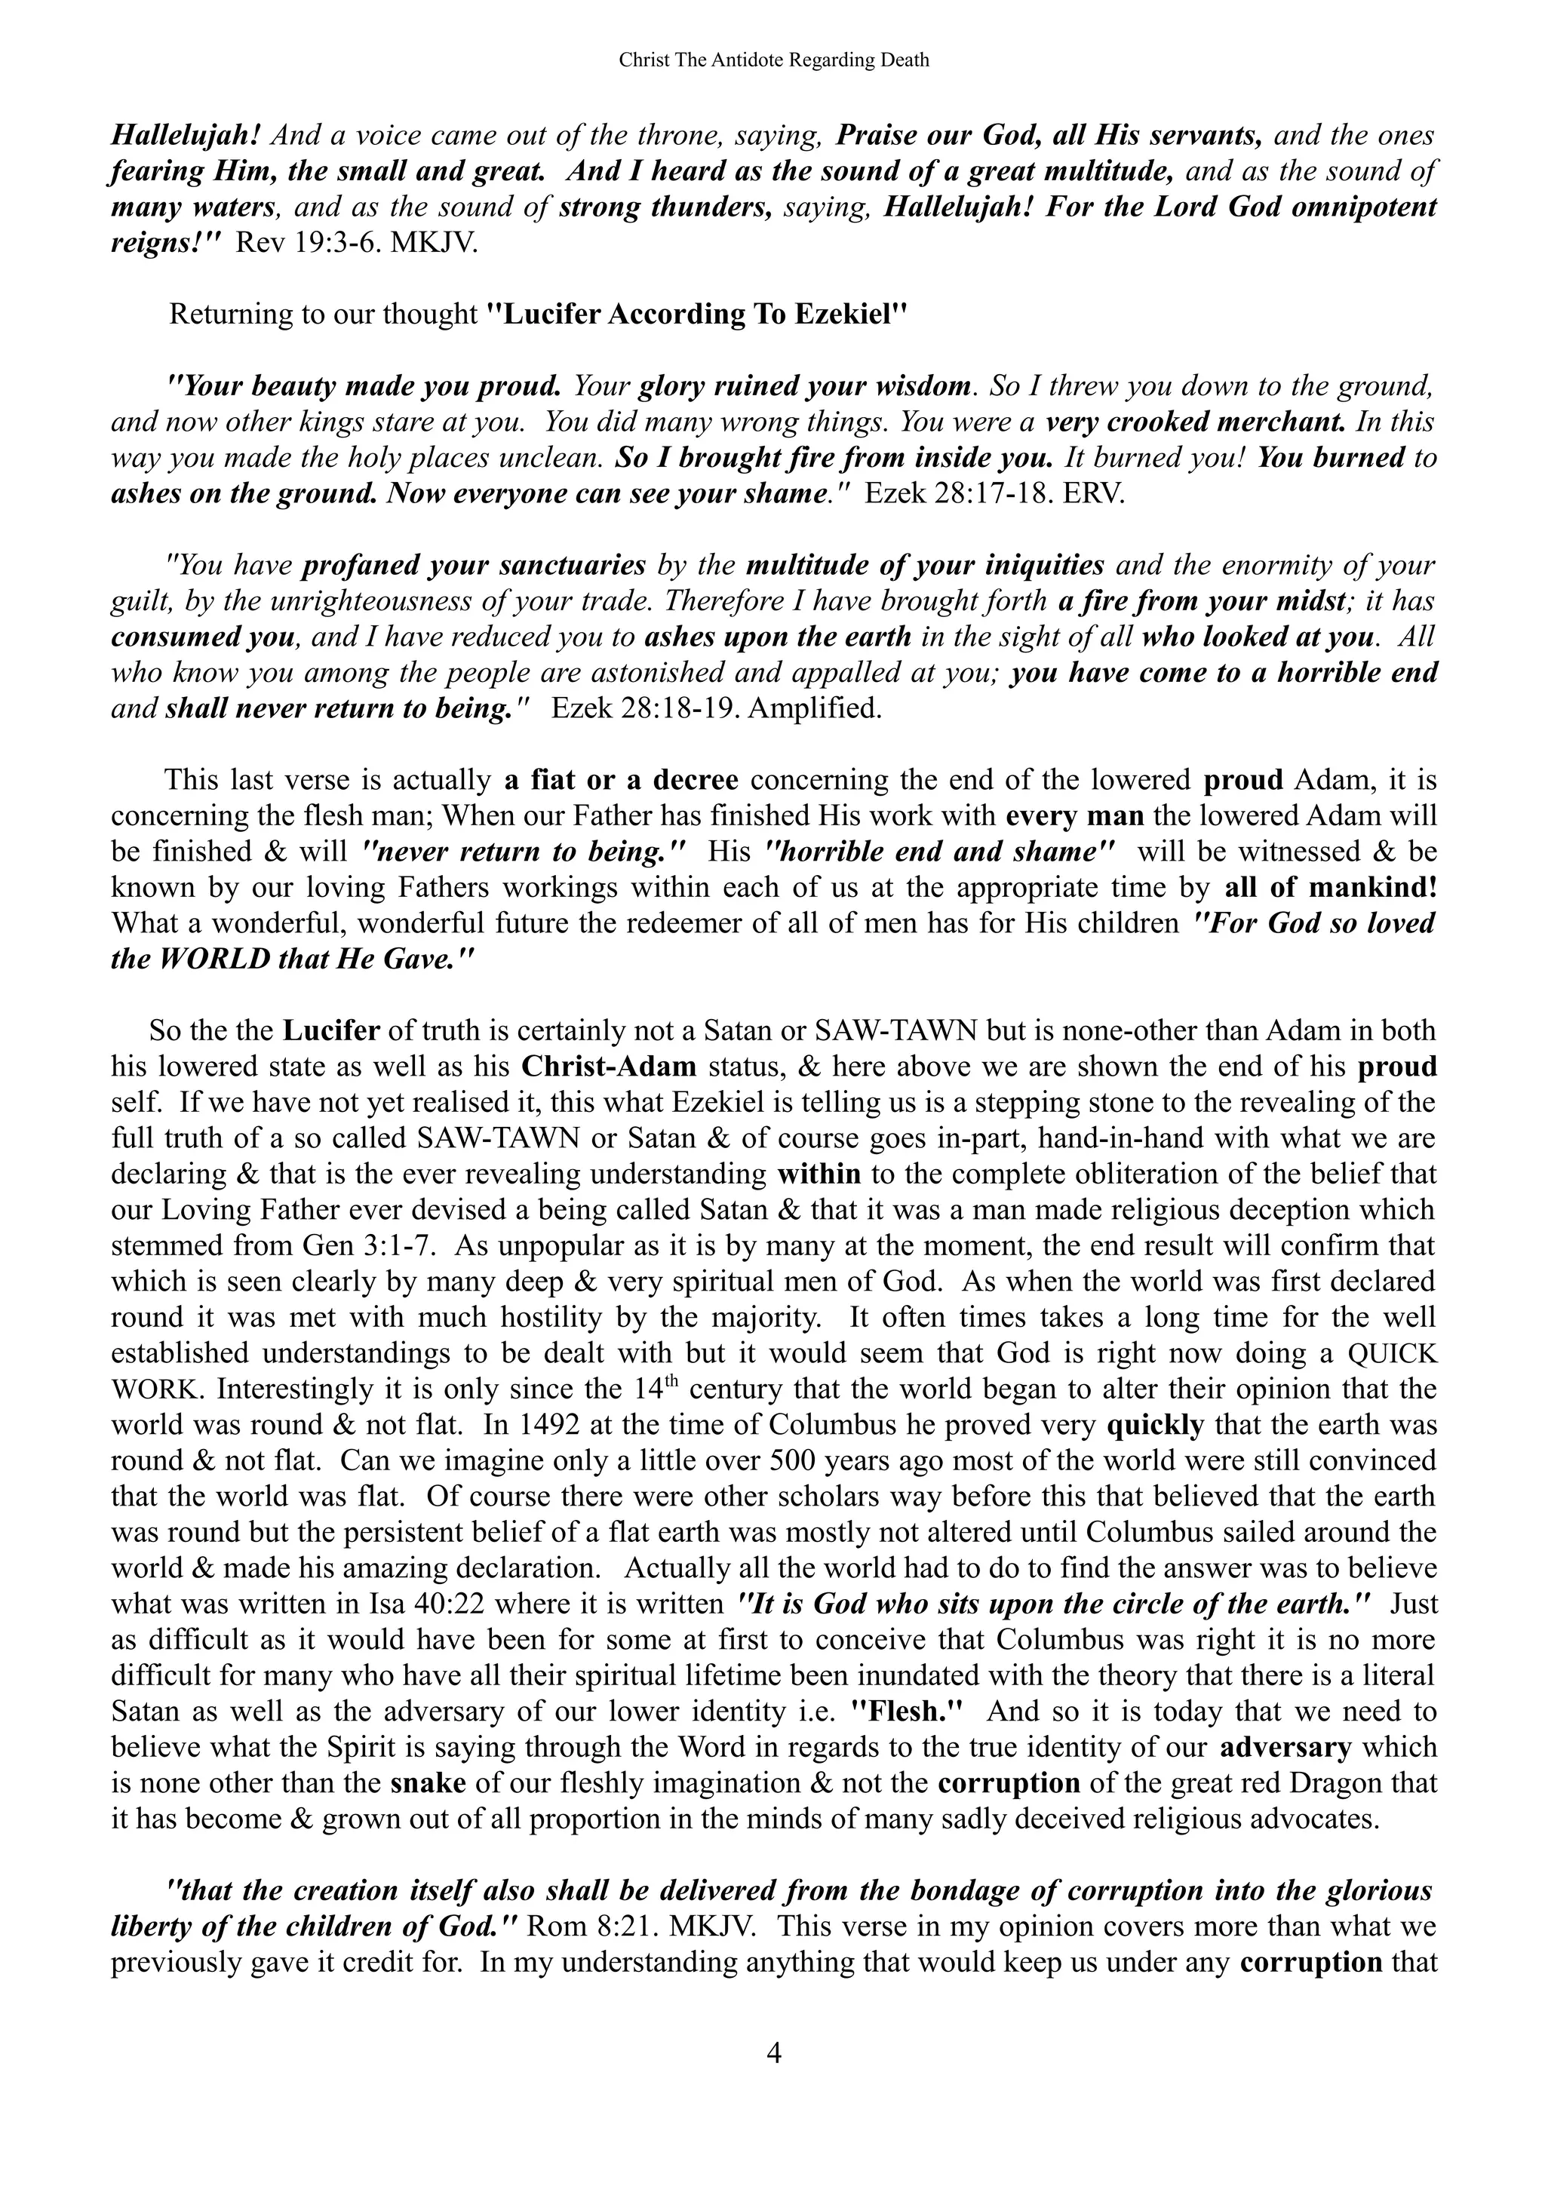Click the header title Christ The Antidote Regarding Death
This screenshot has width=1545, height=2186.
773,60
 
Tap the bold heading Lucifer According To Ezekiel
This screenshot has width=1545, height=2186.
697,315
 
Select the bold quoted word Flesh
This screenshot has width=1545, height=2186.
905,1712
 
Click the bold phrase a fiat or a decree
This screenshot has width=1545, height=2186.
621,780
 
